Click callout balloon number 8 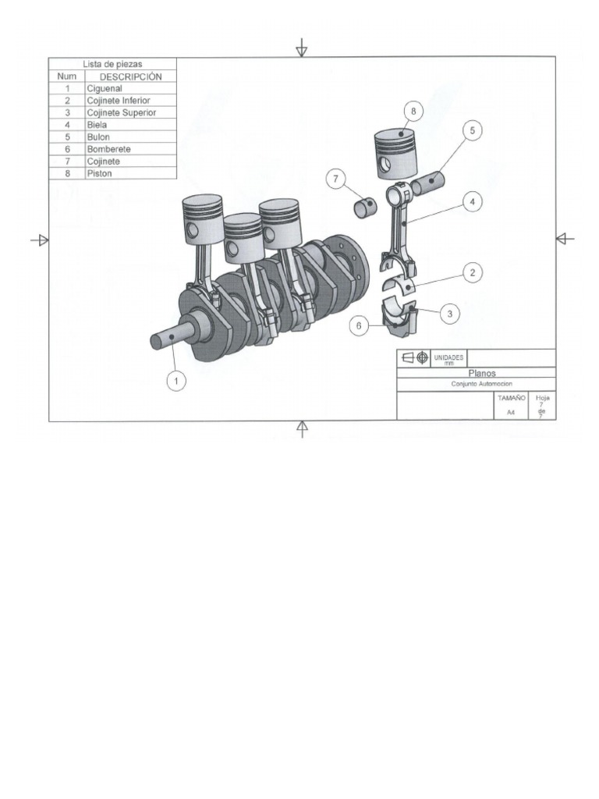413,112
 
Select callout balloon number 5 472,131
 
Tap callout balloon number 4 472,201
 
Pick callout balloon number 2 472,273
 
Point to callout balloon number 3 450,314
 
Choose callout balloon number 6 359,326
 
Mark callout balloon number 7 337,179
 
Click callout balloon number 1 177,381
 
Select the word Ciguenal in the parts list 105,89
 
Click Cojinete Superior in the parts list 121,113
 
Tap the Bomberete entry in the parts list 108,149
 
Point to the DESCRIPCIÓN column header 130,76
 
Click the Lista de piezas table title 113,64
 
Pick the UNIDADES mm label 448,358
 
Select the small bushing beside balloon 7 365,208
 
